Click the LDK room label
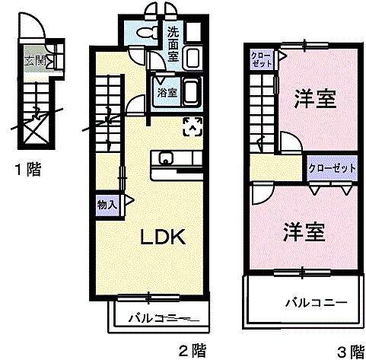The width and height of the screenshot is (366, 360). coord(162,237)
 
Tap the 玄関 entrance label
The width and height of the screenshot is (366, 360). coord(35,62)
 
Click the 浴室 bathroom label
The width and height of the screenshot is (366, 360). coord(167,92)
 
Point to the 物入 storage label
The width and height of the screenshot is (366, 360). coord(107,203)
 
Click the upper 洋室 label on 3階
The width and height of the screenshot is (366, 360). coord(316,100)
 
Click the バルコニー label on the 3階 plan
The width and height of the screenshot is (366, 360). coord(317,302)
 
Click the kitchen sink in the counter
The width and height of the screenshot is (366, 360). coord(166,158)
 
